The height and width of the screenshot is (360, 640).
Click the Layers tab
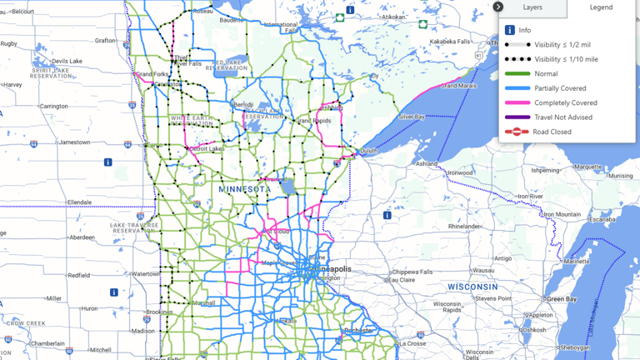coord(532,7)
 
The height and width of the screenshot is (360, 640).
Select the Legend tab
coord(601,7)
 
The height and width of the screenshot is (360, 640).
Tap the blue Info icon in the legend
coord(510,30)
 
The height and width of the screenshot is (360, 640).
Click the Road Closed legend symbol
coord(517,132)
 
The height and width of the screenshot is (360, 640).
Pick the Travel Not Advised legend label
coord(563,117)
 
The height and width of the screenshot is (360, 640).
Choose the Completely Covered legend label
coord(566,102)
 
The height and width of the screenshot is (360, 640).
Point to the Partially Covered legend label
coord(560,88)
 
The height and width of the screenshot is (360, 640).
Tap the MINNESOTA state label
coord(244,190)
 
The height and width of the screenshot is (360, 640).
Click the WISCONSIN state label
coord(472,286)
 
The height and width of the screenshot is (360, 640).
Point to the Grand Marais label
coord(460,85)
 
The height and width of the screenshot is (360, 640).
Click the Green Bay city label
coord(560,299)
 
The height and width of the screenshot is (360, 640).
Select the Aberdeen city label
coord(81,237)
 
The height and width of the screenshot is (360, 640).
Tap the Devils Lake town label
coord(67,62)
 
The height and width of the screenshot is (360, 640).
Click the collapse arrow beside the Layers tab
coord(497,7)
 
